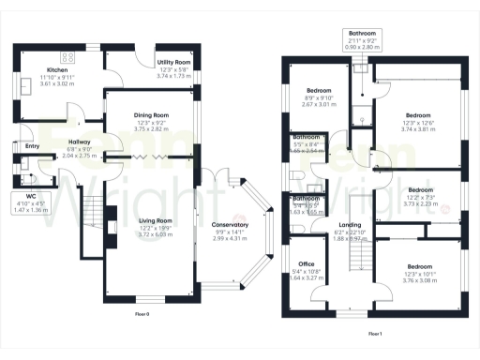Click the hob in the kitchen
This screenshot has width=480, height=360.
pyautogui.click(x=67, y=56)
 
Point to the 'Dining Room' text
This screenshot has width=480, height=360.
pyautogui.click(x=150, y=114)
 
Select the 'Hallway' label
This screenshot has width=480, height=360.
pyautogui.click(x=79, y=141)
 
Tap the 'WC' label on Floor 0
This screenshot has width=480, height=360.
pyautogui.click(x=31, y=195)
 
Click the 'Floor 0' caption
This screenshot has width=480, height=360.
pyautogui.click(x=142, y=312)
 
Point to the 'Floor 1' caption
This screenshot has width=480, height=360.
pyautogui.click(x=375, y=333)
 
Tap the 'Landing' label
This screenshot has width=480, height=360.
pyautogui.click(x=350, y=225)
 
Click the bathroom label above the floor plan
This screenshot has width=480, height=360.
pyautogui.click(x=363, y=32)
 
